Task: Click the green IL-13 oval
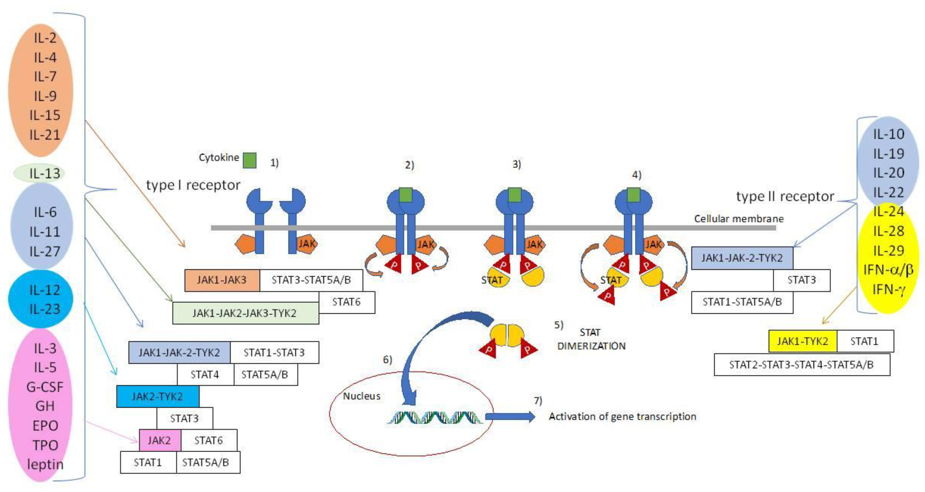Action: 39,173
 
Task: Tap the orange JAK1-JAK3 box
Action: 222,280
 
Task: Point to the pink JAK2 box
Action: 160,440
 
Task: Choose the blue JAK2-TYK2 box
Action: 158,396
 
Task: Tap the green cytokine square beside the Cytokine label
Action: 250,160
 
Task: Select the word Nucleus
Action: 361,396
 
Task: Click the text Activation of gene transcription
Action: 622,416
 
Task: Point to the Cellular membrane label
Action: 739,219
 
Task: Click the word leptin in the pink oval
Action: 45,464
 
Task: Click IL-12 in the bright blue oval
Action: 44,290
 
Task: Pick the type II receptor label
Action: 785,197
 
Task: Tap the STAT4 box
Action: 205,375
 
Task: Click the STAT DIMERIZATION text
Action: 591,339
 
